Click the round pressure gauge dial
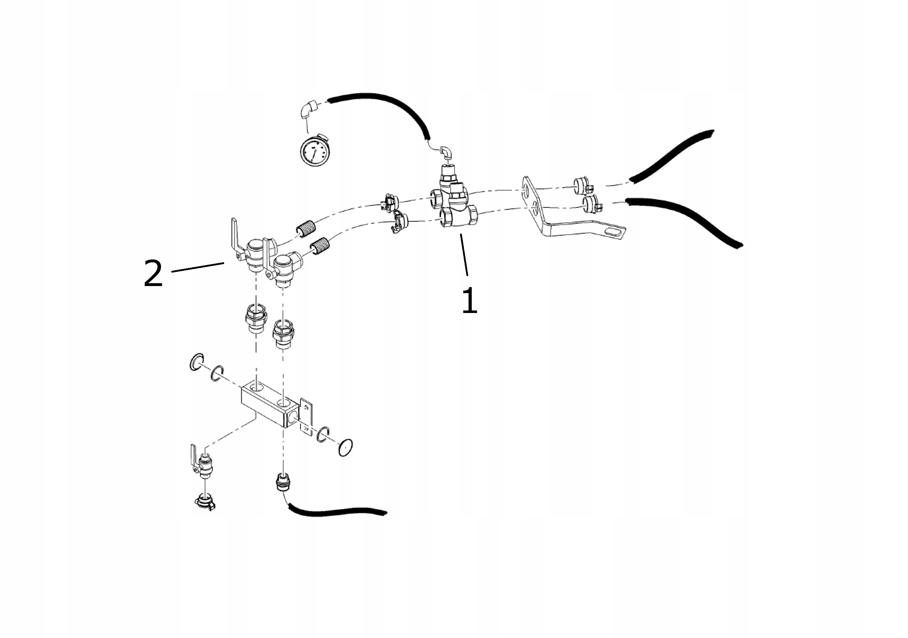[x=314, y=151]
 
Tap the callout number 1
[x=469, y=301]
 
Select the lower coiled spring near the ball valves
[x=320, y=246]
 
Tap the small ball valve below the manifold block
[x=203, y=464]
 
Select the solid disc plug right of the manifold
[x=345, y=447]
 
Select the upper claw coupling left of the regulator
[x=389, y=202]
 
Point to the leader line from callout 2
[x=198, y=267]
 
